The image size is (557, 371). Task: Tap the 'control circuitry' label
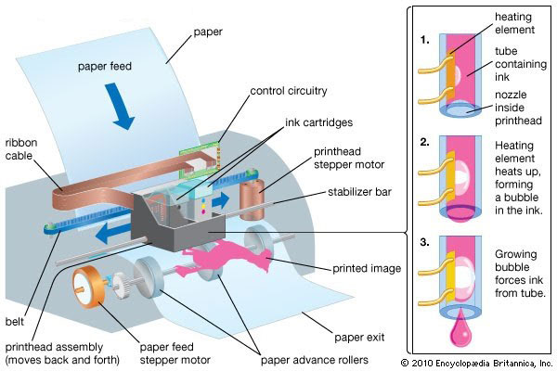[289, 91]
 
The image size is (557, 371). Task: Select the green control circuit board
[200, 159]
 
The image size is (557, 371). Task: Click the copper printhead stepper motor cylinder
[253, 199]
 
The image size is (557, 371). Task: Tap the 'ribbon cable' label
[21, 149]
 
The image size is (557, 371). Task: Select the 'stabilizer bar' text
[359, 192]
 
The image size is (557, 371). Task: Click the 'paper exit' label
[359, 337]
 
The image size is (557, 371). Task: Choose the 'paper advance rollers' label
[315, 360]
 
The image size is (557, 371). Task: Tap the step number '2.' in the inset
[425, 142]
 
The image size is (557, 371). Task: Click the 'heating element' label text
[514, 23]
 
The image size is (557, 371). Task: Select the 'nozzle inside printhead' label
[518, 108]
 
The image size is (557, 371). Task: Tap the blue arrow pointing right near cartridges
[220, 200]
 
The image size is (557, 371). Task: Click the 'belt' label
[15, 322]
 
